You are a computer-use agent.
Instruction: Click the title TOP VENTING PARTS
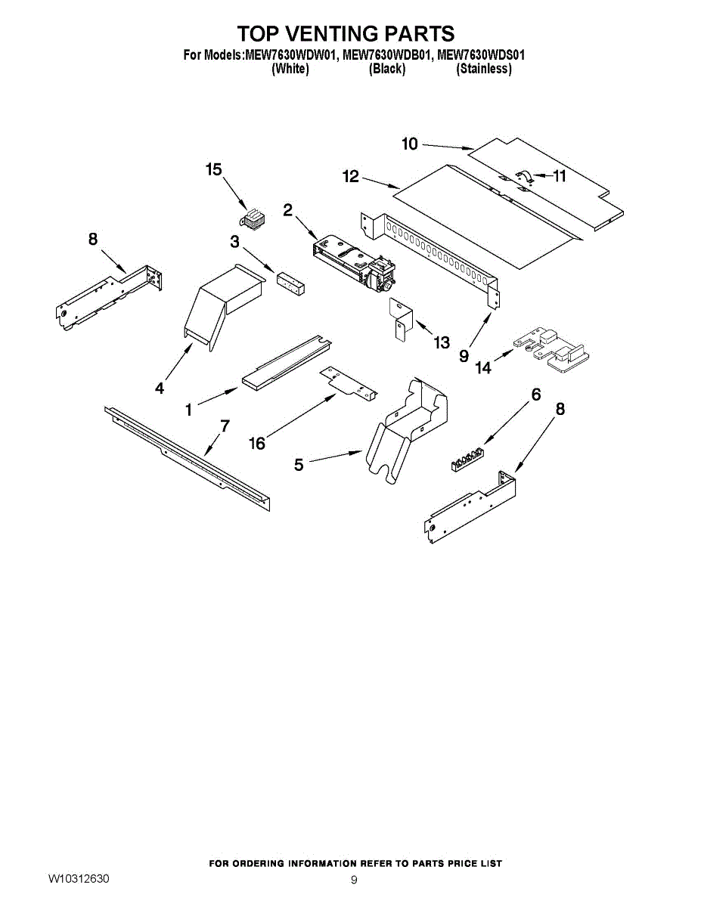pyautogui.click(x=346, y=33)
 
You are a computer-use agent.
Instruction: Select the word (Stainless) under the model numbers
pyautogui.click(x=484, y=69)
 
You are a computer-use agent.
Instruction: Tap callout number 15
pyautogui.click(x=214, y=169)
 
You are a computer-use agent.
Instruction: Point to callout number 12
pyautogui.click(x=351, y=176)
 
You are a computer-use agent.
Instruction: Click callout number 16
pyautogui.click(x=257, y=444)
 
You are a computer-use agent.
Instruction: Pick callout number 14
pyautogui.click(x=483, y=368)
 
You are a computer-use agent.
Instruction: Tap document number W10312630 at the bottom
pyautogui.click(x=79, y=878)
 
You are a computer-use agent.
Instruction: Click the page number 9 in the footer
pyautogui.click(x=354, y=880)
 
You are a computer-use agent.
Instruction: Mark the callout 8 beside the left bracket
pyautogui.click(x=93, y=240)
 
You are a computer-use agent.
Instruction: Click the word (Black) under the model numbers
pyautogui.click(x=387, y=69)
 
